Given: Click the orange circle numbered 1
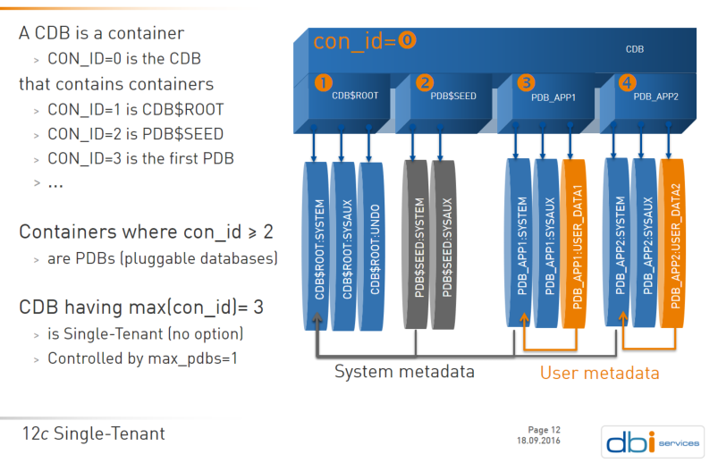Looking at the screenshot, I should pyautogui.click(x=323, y=83).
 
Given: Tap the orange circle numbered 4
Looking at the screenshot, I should pyautogui.click(x=627, y=83).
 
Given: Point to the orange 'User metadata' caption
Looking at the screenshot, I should pyautogui.click(x=599, y=372).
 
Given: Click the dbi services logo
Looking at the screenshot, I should pyautogui.click(x=649, y=441).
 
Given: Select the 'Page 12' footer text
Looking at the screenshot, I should pyautogui.click(x=545, y=430).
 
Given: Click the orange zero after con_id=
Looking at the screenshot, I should pyautogui.click(x=407, y=41).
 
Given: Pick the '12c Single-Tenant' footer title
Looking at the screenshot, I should pyautogui.click(x=94, y=434).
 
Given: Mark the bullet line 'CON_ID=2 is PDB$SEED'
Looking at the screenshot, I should pyautogui.click(x=135, y=134).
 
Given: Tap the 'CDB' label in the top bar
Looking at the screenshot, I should pyautogui.click(x=634, y=50).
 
